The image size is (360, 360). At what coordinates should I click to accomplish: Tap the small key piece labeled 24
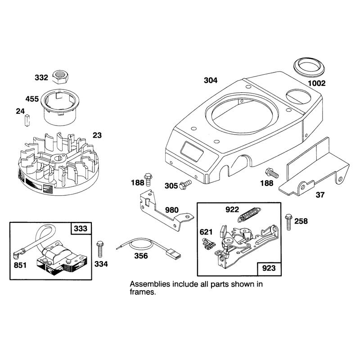tap(27, 120)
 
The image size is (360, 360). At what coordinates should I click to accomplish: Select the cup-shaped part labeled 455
tap(59, 107)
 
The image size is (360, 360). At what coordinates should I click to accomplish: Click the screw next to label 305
tap(185, 184)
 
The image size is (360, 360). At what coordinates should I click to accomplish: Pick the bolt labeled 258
tap(288, 222)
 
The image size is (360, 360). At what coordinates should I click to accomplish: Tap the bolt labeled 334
tap(100, 249)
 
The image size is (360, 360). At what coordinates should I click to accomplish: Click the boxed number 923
tap(269, 268)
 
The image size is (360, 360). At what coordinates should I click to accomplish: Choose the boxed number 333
tap(81, 229)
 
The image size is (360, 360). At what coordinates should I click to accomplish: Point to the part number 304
tap(211, 81)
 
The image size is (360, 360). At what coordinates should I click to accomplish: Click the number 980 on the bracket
tap(172, 210)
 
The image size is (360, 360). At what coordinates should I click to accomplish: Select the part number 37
tap(320, 195)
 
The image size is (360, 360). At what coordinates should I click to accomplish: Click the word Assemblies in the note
tap(150, 284)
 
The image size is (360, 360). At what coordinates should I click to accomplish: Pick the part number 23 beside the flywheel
tap(97, 135)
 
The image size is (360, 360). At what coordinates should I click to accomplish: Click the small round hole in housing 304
tap(248, 87)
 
